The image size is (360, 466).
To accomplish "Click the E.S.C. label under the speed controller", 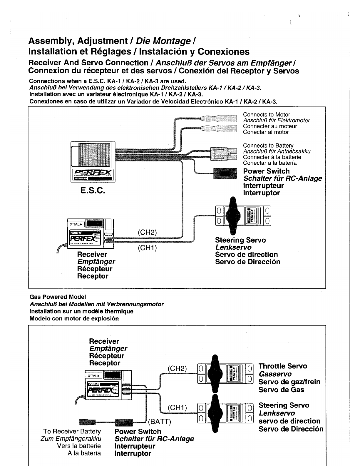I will click(x=93, y=191).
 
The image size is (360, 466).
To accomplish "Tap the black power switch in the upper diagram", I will click(x=225, y=173).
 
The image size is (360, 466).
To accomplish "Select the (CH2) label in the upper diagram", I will click(x=147, y=232).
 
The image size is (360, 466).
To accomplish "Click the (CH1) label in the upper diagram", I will click(x=147, y=248).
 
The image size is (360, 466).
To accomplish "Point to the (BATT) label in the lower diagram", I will click(x=160, y=422).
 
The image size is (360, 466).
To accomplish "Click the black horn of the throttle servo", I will click(x=215, y=373).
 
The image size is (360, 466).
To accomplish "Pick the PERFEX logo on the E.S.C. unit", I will click(x=93, y=172).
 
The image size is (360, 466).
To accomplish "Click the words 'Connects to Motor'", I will click(x=266, y=115).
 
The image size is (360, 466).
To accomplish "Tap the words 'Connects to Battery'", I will click(x=268, y=146).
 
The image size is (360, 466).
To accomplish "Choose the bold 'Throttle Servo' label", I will click(x=283, y=366).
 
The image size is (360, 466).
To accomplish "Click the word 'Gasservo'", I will click(x=275, y=374).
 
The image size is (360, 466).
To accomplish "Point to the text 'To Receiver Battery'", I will click(x=72, y=431).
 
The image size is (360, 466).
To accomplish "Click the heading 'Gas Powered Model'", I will click(x=58, y=297).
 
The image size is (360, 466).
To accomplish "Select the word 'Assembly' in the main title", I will click(x=51, y=41).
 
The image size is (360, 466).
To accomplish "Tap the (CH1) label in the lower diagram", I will click(x=177, y=408).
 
